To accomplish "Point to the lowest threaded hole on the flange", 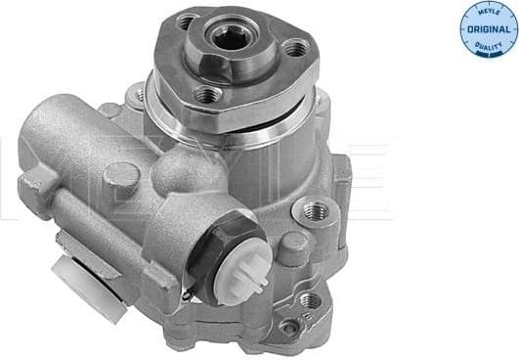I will [x=207, y=95].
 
